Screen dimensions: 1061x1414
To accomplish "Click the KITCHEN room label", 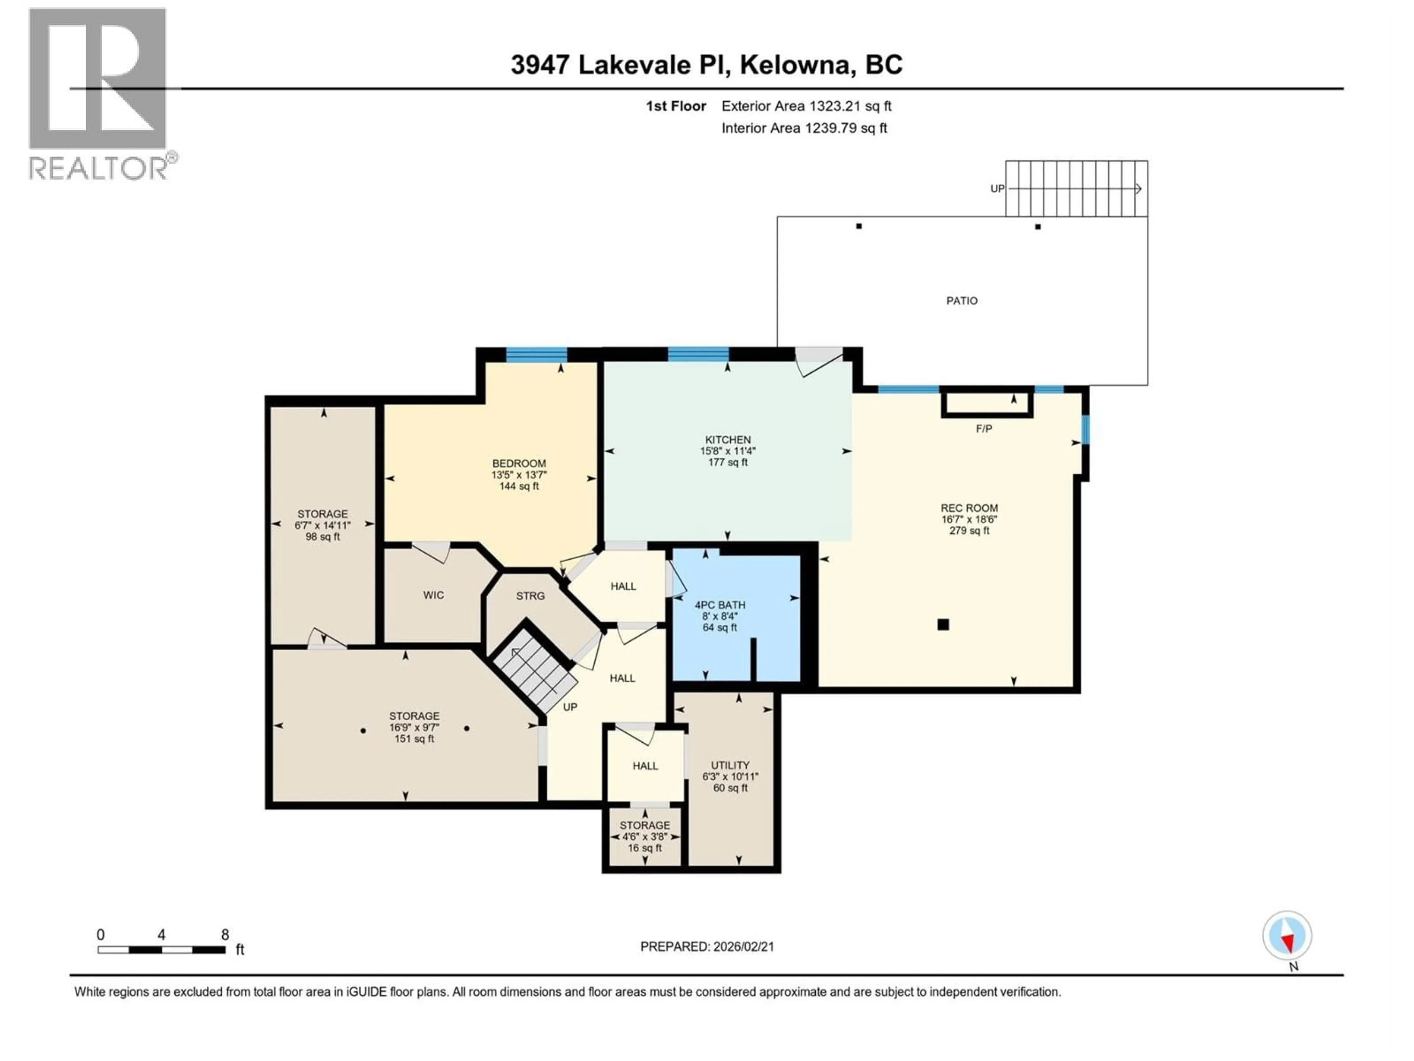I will (728, 440).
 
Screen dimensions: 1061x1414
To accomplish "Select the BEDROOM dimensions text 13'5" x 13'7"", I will (519, 475).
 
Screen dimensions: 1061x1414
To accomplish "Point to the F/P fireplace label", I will (984, 428).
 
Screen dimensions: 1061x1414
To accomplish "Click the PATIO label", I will (961, 301).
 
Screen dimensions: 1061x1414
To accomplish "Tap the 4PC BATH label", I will (720, 605).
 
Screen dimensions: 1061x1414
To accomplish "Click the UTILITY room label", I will (730, 765).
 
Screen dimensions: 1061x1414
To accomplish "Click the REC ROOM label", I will (969, 508).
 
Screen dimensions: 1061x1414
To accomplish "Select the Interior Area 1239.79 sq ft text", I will (804, 128).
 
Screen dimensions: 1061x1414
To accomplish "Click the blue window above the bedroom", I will (536, 354).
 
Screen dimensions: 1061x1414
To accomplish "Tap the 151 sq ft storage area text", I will (414, 739).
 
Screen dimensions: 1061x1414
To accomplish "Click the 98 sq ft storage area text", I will (323, 536).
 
